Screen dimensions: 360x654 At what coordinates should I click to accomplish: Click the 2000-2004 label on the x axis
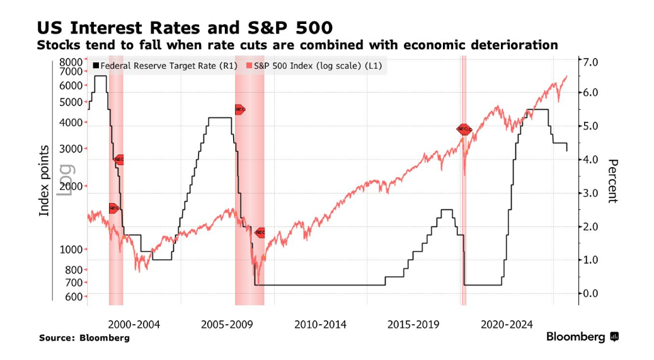[134, 325]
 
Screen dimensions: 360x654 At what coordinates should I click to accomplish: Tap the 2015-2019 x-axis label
[413, 325]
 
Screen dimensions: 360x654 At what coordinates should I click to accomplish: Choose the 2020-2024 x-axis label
[507, 325]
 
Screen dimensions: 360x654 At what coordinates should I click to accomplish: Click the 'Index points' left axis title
[44, 180]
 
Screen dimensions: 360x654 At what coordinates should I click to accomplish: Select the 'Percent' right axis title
[612, 180]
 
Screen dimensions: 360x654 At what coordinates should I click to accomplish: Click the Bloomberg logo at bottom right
[582, 337]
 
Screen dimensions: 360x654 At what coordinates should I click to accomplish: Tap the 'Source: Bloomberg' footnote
[84, 338]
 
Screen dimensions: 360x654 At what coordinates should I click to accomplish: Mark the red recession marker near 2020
[464, 129]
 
